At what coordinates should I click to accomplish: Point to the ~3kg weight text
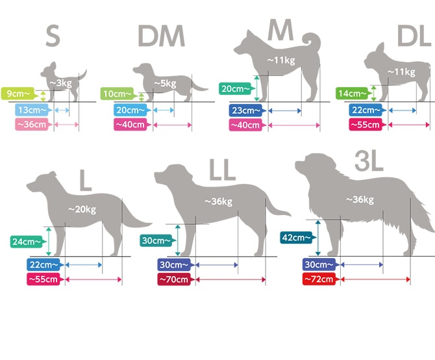[61, 83]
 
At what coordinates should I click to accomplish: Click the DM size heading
[161, 36]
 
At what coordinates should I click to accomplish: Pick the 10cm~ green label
[118, 94]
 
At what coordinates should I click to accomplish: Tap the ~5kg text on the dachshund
[165, 83]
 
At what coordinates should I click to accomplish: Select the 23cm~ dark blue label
[247, 110]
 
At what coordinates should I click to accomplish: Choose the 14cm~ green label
[353, 94]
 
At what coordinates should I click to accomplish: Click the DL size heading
[415, 36]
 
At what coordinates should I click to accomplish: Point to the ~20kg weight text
[82, 209]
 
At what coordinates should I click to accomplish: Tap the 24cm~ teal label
[27, 242]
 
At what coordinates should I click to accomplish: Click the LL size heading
[222, 170]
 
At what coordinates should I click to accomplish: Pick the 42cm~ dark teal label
[297, 238]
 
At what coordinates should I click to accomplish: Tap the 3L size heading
[369, 161]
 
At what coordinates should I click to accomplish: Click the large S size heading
[53, 36]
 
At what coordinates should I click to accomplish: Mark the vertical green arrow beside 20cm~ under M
[256, 88]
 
